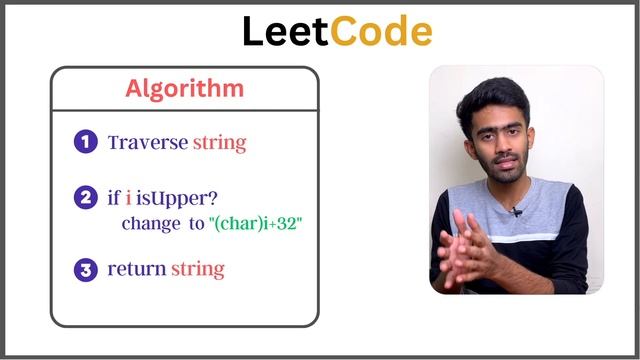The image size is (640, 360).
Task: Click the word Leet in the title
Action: pos(286,32)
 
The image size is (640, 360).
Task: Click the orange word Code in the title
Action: pos(381,32)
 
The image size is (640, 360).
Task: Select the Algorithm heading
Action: pos(184,88)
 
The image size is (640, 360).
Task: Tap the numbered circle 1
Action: pos(85,142)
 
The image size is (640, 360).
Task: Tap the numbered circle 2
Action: pos(85,198)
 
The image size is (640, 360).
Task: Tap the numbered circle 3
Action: pos(85,269)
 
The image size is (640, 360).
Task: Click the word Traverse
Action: pos(147,142)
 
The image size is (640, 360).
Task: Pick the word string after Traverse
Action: pos(219,143)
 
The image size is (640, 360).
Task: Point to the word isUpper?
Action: pos(169,198)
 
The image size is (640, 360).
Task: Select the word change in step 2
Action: pos(149,224)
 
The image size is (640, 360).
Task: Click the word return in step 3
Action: pos(137,269)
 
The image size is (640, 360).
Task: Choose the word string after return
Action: pos(198,270)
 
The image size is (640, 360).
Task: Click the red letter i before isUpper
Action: pos(128,198)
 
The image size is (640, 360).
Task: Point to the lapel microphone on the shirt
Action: pos(516,211)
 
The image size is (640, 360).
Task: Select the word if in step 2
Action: pos(114,198)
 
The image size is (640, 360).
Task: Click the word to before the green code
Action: pos(195,224)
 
